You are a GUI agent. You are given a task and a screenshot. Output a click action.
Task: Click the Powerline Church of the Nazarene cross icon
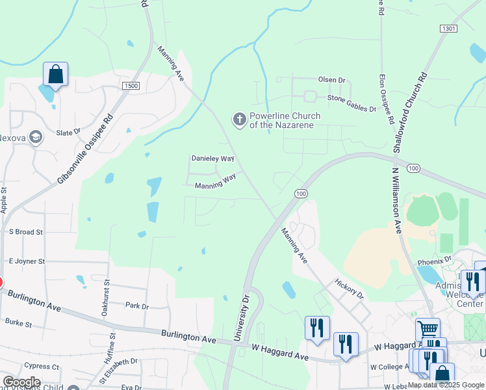click(239, 119)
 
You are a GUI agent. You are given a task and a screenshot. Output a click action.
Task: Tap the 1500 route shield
click(131, 86)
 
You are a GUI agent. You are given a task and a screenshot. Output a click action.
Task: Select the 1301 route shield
click(448, 29)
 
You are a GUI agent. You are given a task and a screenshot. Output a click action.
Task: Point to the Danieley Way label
click(212, 158)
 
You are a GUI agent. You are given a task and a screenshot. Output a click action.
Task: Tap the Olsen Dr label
click(331, 80)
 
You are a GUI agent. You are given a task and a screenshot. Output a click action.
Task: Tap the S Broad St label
click(25, 231)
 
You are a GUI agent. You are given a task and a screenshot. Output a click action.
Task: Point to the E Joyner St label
click(26, 261)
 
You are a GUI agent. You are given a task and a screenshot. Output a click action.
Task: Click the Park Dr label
click(136, 305)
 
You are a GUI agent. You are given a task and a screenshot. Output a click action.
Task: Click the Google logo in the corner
click(21, 382)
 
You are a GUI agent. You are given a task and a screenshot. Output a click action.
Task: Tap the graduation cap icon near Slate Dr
click(36, 136)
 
